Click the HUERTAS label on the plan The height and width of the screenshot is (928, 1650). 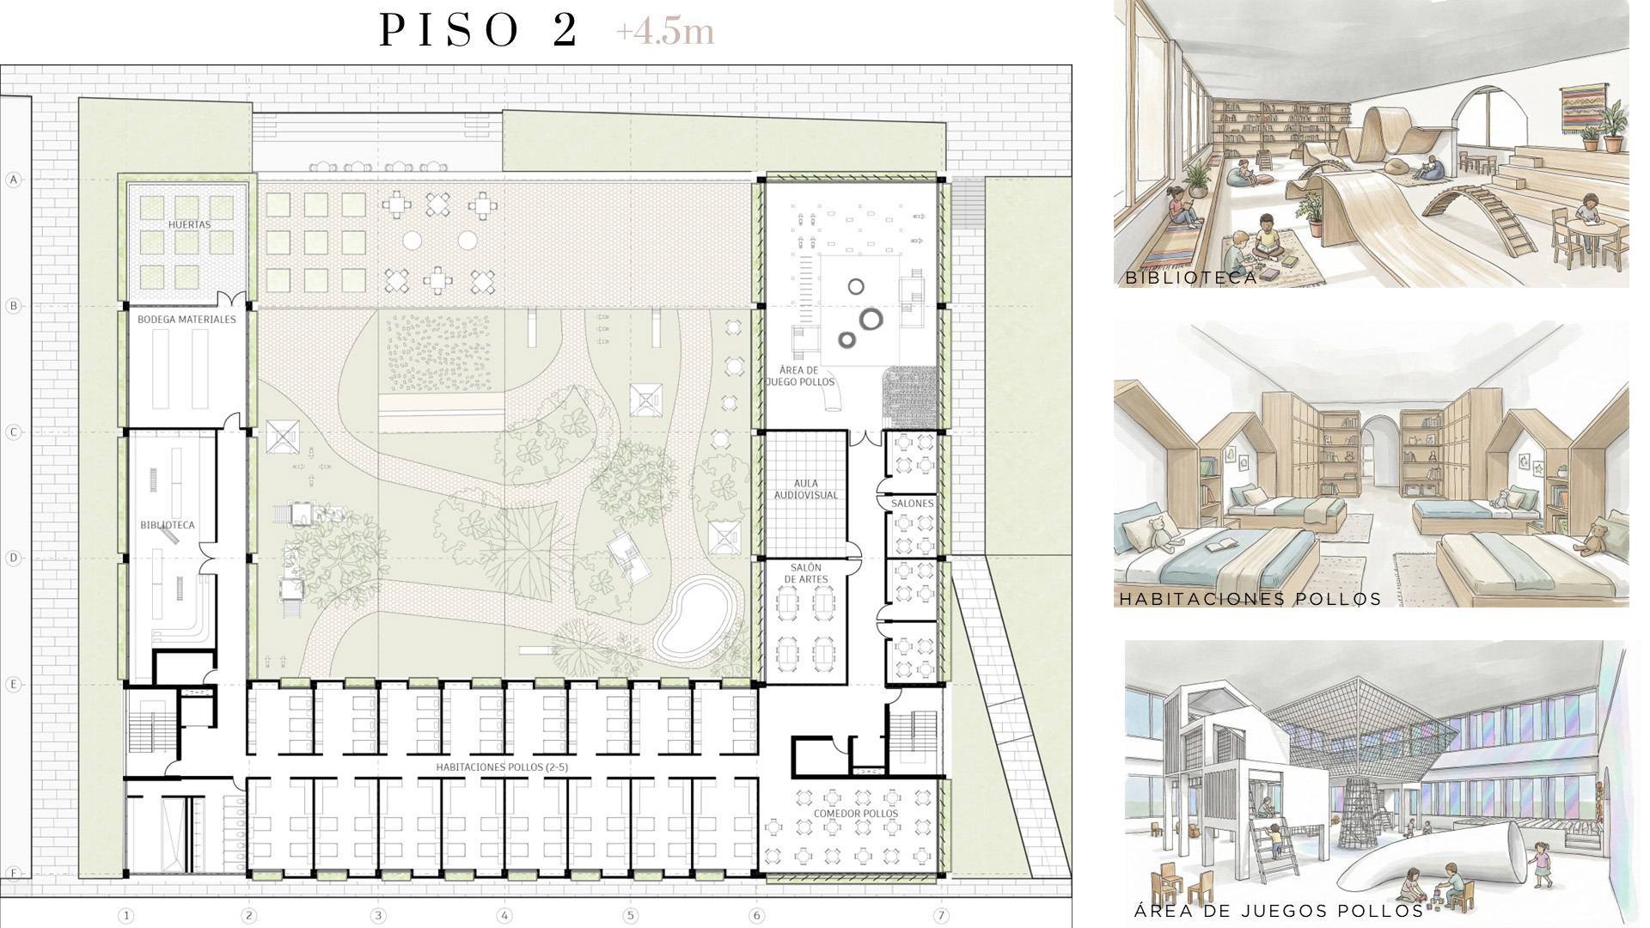point(190,225)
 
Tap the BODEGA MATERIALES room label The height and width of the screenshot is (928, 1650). point(186,320)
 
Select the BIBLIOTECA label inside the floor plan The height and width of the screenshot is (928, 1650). point(168,525)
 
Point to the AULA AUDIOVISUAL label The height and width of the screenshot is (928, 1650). point(806,490)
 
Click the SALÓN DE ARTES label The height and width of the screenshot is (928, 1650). point(806,574)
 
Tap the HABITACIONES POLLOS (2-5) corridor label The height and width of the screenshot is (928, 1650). point(502,767)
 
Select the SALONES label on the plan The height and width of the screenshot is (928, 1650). point(912,504)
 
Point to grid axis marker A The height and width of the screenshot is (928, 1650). point(13,180)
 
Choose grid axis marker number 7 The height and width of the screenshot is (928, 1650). point(942,916)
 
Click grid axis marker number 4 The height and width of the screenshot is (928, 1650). point(504,916)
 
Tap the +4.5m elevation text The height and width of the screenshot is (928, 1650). point(664,32)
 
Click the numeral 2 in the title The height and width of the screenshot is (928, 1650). point(565,31)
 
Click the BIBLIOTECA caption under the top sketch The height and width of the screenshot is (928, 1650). point(1191,278)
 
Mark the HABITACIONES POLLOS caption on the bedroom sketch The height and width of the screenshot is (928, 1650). point(1250,599)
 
